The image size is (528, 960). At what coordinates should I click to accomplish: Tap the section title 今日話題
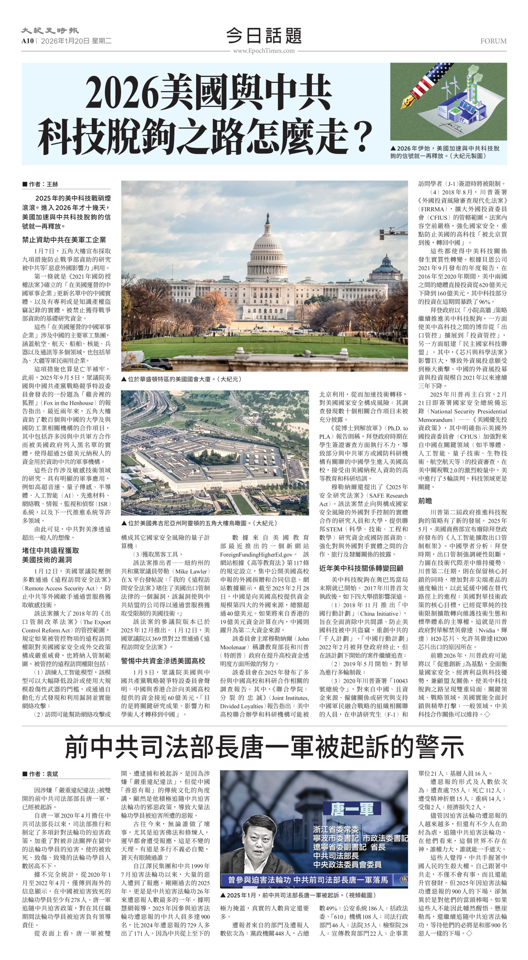click(264, 36)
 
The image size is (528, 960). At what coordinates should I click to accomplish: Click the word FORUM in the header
click(493, 41)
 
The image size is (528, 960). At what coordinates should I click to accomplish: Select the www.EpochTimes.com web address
click(264, 51)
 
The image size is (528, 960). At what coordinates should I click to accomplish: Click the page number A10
click(27, 41)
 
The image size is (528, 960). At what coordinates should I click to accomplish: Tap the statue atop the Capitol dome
click(268, 217)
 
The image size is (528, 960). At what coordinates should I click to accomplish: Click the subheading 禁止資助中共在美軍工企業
click(64, 240)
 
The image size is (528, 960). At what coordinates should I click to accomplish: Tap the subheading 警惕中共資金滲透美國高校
click(163, 661)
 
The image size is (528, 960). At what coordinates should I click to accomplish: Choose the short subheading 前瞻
click(425, 501)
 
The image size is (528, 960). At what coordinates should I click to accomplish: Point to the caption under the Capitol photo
click(181, 379)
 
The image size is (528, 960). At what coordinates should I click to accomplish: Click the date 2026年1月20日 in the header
click(65, 41)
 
